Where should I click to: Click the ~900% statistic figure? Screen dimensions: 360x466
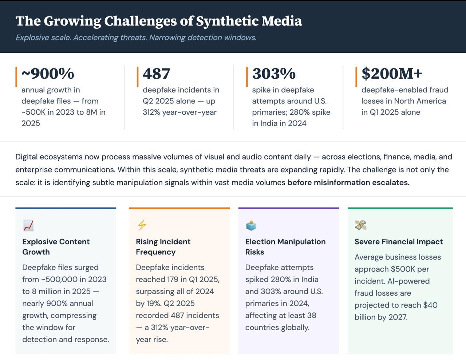[x=48, y=74]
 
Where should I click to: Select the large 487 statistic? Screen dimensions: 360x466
[x=156, y=74]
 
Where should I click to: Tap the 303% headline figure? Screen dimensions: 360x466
[x=274, y=74]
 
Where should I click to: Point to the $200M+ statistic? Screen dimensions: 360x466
[x=392, y=74]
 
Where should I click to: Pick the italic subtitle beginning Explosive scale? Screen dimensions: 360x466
[x=136, y=37]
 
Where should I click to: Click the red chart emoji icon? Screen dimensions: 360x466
[x=28, y=225]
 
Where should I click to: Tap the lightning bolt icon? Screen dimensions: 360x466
[x=142, y=225]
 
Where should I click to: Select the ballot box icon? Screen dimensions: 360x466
[x=251, y=225]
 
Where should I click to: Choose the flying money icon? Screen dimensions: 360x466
[x=360, y=225]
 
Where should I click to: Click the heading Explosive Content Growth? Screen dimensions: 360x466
[x=56, y=247]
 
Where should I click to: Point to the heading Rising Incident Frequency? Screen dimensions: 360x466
[x=163, y=247]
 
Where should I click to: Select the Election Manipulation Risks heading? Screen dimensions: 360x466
[x=285, y=247]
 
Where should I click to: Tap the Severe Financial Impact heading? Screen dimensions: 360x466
[x=399, y=242]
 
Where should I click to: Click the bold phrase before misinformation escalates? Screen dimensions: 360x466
[x=348, y=183]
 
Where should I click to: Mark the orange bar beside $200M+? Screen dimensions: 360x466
[x=356, y=77]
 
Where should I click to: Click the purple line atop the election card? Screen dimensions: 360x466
[x=288, y=208]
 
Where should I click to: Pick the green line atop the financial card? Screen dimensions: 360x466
[x=400, y=208]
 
